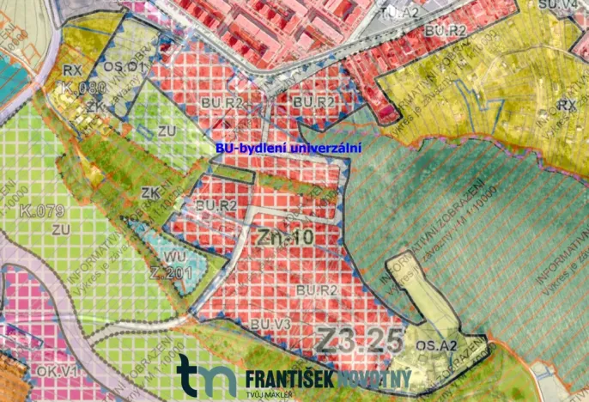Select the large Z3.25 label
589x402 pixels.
coord(359,338)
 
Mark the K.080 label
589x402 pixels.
coord(82,87)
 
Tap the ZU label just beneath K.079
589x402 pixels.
coord(59,229)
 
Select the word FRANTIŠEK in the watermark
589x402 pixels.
coord(288,378)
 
